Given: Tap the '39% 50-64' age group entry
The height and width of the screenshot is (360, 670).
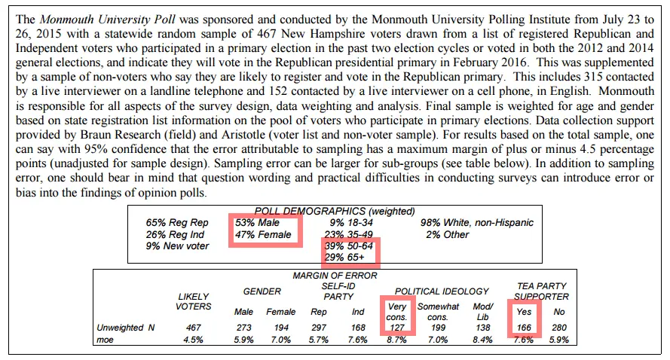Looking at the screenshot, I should pyautogui.click(x=348, y=246).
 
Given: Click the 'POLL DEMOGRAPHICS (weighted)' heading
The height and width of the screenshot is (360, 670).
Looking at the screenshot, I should pyautogui.click(x=335, y=212).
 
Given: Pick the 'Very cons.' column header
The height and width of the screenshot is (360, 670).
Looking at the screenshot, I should pyautogui.click(x=396, y=312).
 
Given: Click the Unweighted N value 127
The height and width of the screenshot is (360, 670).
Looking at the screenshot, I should pyautogui.click(x=397, y=328).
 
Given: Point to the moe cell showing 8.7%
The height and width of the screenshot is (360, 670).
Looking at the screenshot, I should pyautogui.click(x=397, y=340).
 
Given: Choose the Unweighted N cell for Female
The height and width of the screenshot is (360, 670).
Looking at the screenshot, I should pyautogui.click(x=280, y=328).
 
